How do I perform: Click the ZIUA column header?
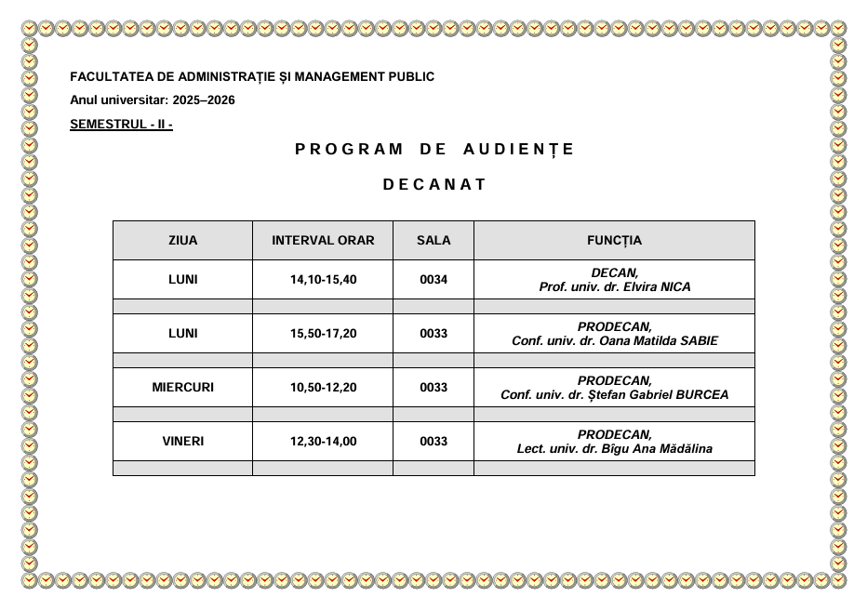(182, 240)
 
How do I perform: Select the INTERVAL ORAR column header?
(323, 240)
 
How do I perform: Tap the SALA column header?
(433, 240)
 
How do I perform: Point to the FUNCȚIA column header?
(614, 240)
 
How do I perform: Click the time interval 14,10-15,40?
(323, 280)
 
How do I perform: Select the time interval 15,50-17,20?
(323, 334)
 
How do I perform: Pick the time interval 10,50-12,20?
(323, 388)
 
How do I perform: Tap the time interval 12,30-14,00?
(323, 442)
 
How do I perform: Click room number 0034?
(433, 280)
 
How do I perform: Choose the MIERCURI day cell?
(182, 388)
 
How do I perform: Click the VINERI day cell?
(182, 442)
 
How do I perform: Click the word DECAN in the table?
(613, 272)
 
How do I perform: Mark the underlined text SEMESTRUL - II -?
(121, 125)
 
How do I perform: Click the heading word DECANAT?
(434, 184)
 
